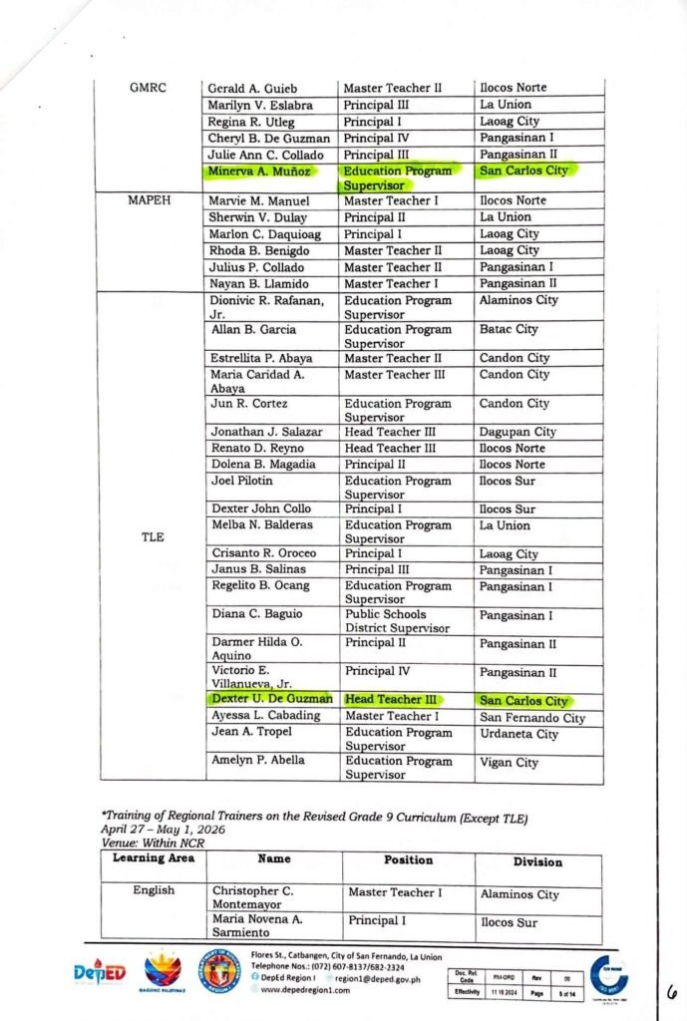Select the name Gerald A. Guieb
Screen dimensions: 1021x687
[x=252, y=88]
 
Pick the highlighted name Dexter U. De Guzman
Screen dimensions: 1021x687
[x=271, y=700]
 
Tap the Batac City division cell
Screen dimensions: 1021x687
[x=509, y=329]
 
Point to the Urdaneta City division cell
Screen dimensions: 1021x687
[x=518, y=734]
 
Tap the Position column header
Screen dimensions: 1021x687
[x=408, y=859]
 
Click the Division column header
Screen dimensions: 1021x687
[x=537, y=861]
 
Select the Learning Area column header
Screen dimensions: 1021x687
[x=153, y=857]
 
